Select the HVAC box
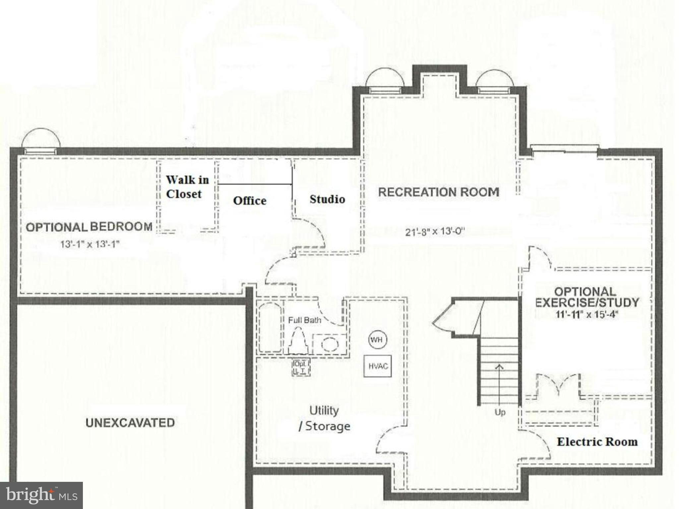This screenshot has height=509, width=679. point(378,366)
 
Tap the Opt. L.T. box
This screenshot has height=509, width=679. point(301,367)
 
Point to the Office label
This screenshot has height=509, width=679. point(250,200)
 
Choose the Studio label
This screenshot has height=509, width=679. point(327,199)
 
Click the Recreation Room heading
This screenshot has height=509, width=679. point(439,192)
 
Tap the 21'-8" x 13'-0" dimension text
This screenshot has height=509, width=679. point(435,231)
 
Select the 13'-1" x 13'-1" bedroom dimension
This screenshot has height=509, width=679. point(90,244)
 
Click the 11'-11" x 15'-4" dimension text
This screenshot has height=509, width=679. point(587,314)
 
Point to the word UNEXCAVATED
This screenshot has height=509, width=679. point(130,423)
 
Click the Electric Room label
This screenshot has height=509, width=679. point(597,442)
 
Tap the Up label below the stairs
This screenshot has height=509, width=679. point(500,412)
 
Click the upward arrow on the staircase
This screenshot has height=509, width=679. point(499,381)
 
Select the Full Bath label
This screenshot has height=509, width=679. point(304,320)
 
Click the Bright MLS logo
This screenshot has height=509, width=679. point(41,495)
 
